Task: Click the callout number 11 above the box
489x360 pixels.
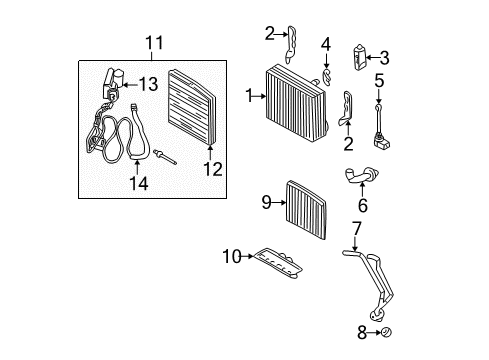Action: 152,42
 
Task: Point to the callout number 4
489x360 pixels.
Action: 325,43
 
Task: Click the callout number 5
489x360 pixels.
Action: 379,80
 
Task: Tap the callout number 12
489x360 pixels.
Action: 210,168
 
